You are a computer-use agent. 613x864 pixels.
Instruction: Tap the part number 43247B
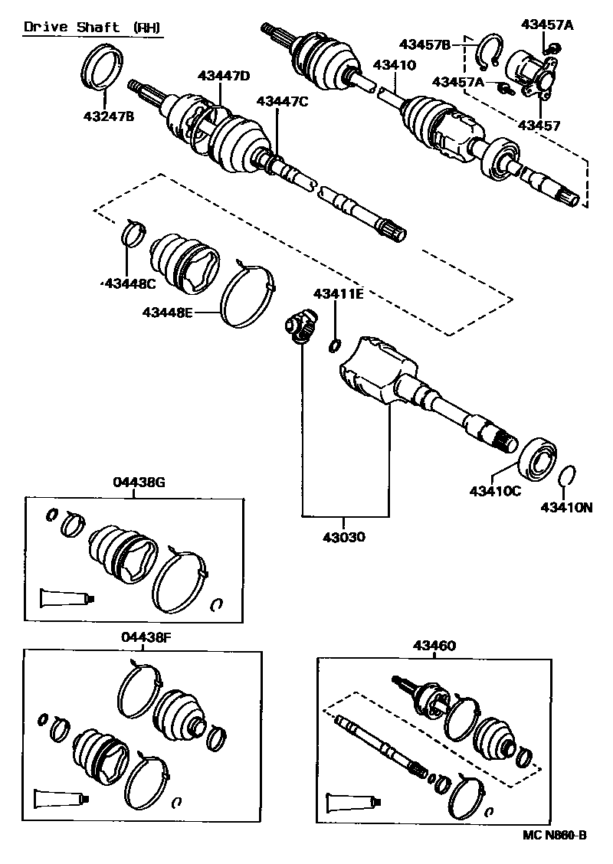(107, 116)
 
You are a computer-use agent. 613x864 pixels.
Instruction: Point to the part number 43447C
(282, 100)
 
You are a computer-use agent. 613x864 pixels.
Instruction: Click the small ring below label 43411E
(335, 345)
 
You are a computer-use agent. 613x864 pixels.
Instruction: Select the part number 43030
(339, 537)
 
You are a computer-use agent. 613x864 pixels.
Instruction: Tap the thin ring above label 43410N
(567, 476)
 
